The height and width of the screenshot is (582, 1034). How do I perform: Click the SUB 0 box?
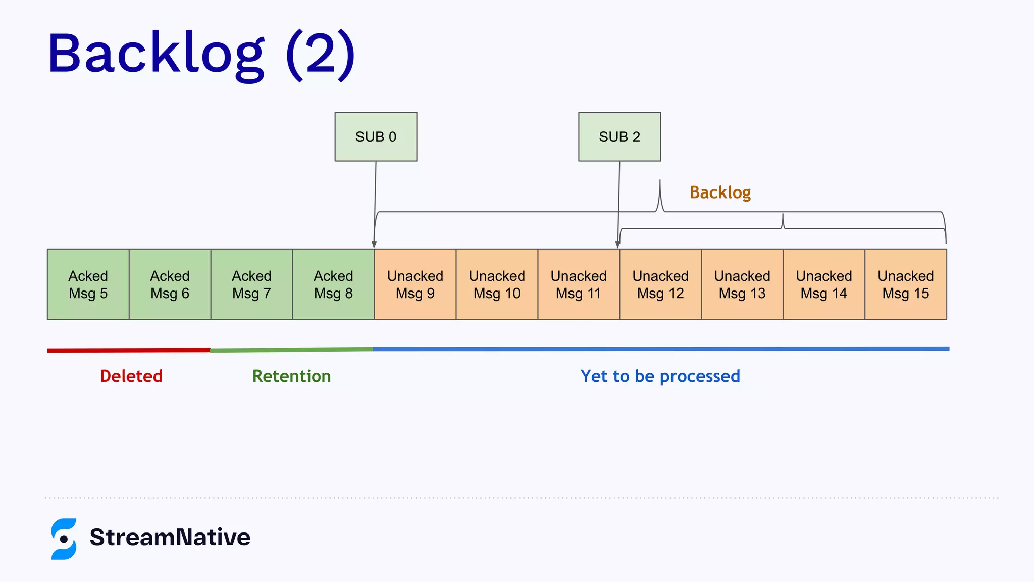click(376, 137)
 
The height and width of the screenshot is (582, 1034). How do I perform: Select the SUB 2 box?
click(619, 137)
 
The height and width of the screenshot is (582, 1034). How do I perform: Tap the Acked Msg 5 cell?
click(88, 284)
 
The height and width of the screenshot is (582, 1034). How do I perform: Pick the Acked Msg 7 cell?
click(251, 284)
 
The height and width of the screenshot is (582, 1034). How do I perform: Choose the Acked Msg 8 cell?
click(333, 284)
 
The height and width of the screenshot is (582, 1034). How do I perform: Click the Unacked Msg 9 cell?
click(415, 284)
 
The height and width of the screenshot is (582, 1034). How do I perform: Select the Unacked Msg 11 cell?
click(579, 284)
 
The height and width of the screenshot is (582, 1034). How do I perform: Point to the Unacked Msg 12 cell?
click(660, 284)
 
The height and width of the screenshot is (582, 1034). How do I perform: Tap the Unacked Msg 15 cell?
click(906, 284)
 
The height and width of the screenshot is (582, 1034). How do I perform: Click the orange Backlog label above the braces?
click(720, 192)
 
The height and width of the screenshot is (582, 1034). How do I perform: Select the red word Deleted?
click(131, 376)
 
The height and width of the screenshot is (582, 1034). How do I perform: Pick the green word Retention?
click(291, 376)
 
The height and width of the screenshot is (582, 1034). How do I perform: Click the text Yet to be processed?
click(660, 376)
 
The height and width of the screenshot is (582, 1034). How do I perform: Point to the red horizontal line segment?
click(129, 350)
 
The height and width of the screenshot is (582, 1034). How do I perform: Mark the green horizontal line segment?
click(291, 350)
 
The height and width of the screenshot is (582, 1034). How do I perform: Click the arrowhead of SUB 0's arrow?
click(374, 245)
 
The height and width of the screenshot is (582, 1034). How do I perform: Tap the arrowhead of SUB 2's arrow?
click(617, 245)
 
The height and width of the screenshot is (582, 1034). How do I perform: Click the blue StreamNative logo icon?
click(64, 539)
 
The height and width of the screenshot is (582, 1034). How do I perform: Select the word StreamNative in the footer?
click(170, 537)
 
